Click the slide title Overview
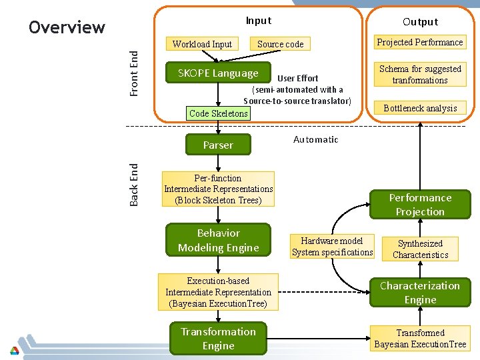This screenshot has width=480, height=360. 67,27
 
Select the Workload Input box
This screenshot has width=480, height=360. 202,44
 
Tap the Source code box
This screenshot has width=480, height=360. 280,44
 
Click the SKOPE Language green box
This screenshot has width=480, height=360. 218,73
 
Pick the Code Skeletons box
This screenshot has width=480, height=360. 218,113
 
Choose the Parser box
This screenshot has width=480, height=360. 218,145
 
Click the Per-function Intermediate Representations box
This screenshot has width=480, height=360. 218,189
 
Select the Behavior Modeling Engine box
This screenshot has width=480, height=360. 218,241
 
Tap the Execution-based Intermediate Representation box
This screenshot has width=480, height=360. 218,292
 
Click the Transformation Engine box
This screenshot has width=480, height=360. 218,339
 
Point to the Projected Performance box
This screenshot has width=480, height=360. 420,42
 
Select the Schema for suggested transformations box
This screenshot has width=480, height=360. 420,74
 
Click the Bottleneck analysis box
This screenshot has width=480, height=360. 420,108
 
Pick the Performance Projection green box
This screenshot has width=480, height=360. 420,205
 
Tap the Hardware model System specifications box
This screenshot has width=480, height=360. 332,247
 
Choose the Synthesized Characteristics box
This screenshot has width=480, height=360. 420,249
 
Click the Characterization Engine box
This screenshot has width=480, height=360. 420,293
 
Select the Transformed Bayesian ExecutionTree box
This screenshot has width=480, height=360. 420,339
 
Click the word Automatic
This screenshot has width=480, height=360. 315,139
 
